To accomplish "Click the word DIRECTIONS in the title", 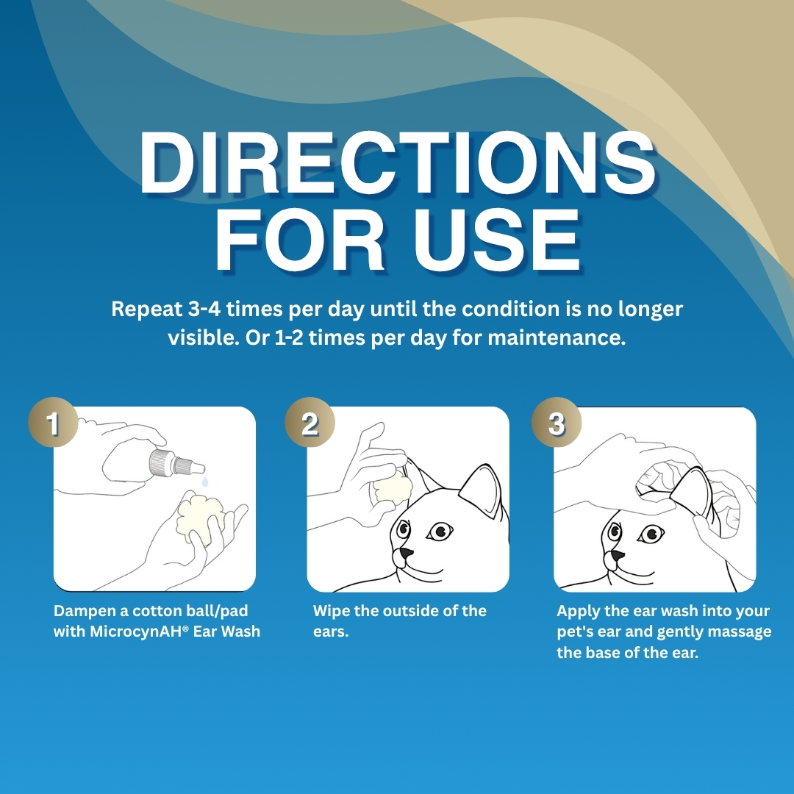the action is click(x=398, y=162).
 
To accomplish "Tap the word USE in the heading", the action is click(x=497, y=240).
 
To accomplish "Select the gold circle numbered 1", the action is click(x=53, y=422).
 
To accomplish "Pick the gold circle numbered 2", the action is click(x=310, y=422).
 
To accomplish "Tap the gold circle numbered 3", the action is click(x=556, y=422).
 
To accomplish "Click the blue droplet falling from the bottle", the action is click(x=204, y=482).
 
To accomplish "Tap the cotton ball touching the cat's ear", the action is click(x=392, y=487).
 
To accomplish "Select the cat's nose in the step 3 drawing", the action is click(x=618, y=555).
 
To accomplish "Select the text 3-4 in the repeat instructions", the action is click(x=204, y=308).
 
